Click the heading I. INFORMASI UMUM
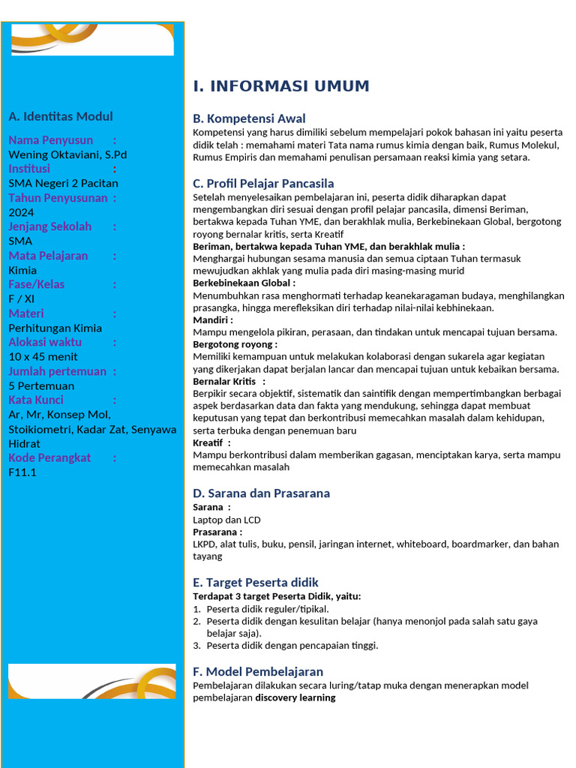tap(281, 86)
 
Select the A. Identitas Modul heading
tap(61, 116)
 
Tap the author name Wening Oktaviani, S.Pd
tap(67, 154)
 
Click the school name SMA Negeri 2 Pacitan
tap(63, 183)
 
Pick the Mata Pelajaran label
tap(48, 256)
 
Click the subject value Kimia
tap(23, 270)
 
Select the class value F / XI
tap(21, 298)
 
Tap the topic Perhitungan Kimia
tap(55, 328)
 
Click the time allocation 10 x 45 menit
tap(43, 356)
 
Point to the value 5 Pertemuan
tap(41, 385)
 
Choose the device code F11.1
tap(22, 472)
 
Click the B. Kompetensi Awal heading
tap(249, 118)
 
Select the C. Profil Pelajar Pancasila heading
tap(263, 184)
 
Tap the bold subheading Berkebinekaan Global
tap(244, 283)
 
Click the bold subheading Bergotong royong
tap(235, 344)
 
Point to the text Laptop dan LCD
tap(226, 520)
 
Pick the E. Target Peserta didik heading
tap(256, 583)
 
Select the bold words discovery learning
tap(295, 697)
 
